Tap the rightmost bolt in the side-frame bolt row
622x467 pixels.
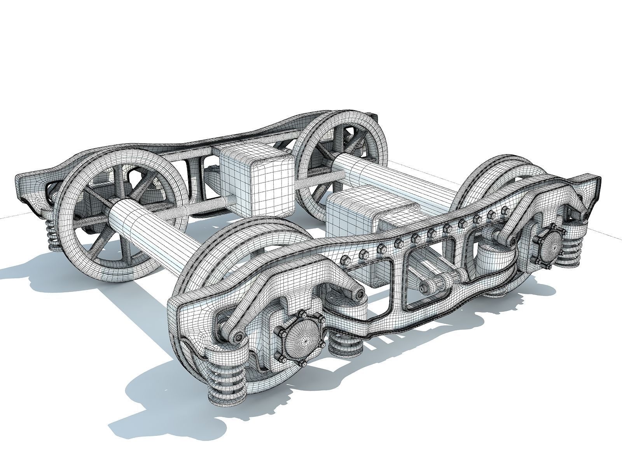coord(505,211)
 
